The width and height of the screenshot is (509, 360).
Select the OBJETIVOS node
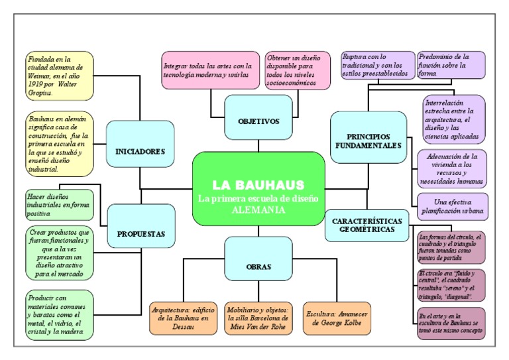pyautogui.click(x=259, y=121)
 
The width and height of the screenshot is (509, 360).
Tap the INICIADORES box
pyautogui.click(x=140, y=151)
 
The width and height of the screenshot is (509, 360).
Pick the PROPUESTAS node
pyautogui.click(x=141, y=233)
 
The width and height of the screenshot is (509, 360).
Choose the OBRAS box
pyautogui.click(x=258, y=266)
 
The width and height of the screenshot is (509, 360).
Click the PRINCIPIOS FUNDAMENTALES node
pyautogui.click(x=368, y=139)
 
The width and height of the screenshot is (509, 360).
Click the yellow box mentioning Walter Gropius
pyautogui.click(x=56, y=76)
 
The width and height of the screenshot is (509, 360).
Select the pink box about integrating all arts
pyautogui.click(x=206, y=70)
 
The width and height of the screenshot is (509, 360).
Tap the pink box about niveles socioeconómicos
pyautogui.click(x=296, y=72)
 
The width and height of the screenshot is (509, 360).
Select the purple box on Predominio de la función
pyautogui.click(x=451, y=65)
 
